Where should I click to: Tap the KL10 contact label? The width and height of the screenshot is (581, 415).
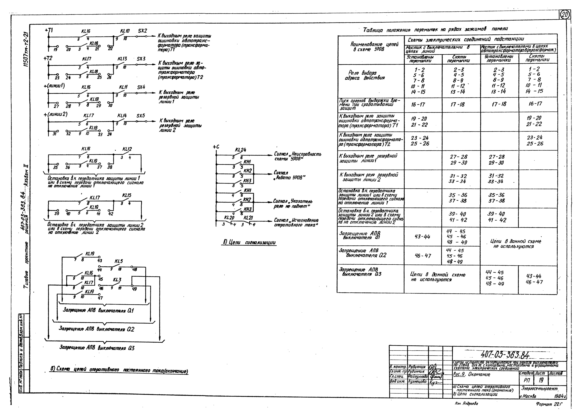coord(125,31)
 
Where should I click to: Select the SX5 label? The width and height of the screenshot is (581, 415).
coord(141,116)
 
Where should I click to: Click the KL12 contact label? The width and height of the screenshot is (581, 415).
coord(127,149)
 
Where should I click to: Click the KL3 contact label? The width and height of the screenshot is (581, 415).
coord(117,280)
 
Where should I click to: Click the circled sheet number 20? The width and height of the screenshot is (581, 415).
coord(565,15)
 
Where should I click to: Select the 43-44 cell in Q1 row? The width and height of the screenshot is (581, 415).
coord(423,237)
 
